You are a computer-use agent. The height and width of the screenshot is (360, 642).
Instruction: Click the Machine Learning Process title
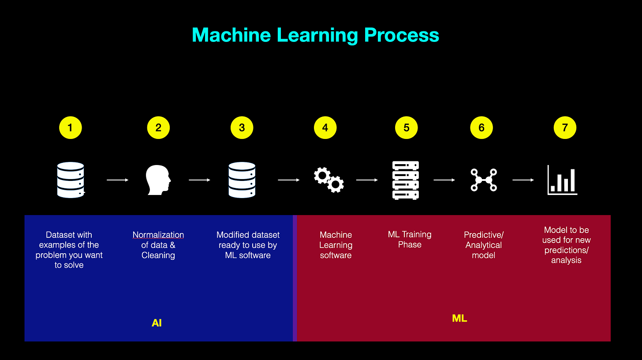tap(315, 35)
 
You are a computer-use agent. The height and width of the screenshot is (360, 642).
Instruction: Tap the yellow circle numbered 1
tap(70, 128)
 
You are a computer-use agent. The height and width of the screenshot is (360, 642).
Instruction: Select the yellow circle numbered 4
tap(325, 128)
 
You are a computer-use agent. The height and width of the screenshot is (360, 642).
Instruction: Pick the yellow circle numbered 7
tap(565, 128)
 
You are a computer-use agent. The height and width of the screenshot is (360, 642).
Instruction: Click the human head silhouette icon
tap(158, 180)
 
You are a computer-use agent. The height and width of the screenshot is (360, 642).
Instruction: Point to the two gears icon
tap(329, 180)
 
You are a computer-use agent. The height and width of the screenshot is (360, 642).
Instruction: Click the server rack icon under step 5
tap(406, 180)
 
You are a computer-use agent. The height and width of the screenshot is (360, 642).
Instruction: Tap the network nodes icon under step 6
tap(483, 180)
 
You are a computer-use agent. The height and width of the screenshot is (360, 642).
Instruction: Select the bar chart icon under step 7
tap(562, 180)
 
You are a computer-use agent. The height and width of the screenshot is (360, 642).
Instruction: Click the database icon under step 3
tap(242, 180)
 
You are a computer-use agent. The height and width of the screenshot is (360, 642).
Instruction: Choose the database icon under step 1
tap(71, 180)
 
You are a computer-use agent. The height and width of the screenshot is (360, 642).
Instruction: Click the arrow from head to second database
tap(199, 180)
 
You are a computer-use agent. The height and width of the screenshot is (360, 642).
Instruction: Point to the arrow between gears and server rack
tap(367, 180)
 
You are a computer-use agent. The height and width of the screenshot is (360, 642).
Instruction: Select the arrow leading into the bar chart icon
tap(523, 180)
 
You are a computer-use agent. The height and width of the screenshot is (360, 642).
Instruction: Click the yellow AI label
tap(157, 323)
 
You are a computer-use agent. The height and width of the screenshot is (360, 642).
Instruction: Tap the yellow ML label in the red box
tap(459, 319)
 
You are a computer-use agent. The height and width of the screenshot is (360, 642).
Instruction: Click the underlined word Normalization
tap(158, 235)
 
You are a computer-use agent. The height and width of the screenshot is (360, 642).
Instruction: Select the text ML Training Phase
tap(410, 240)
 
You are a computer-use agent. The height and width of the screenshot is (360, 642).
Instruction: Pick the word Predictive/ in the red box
tap(484, 235)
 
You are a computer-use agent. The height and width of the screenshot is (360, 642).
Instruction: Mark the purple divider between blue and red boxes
tap(295, 278)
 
